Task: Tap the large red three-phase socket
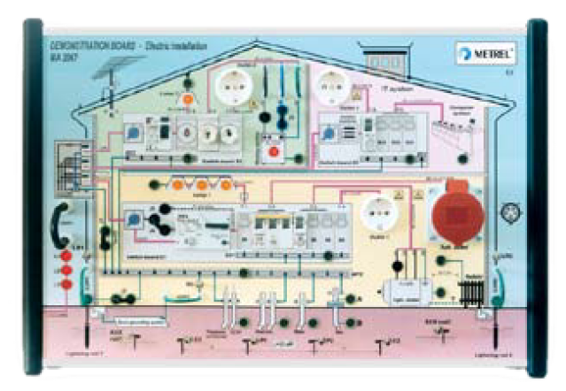tap(453, 218)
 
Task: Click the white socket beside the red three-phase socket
tap(379, 218)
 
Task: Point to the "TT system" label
tap(391, 89)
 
